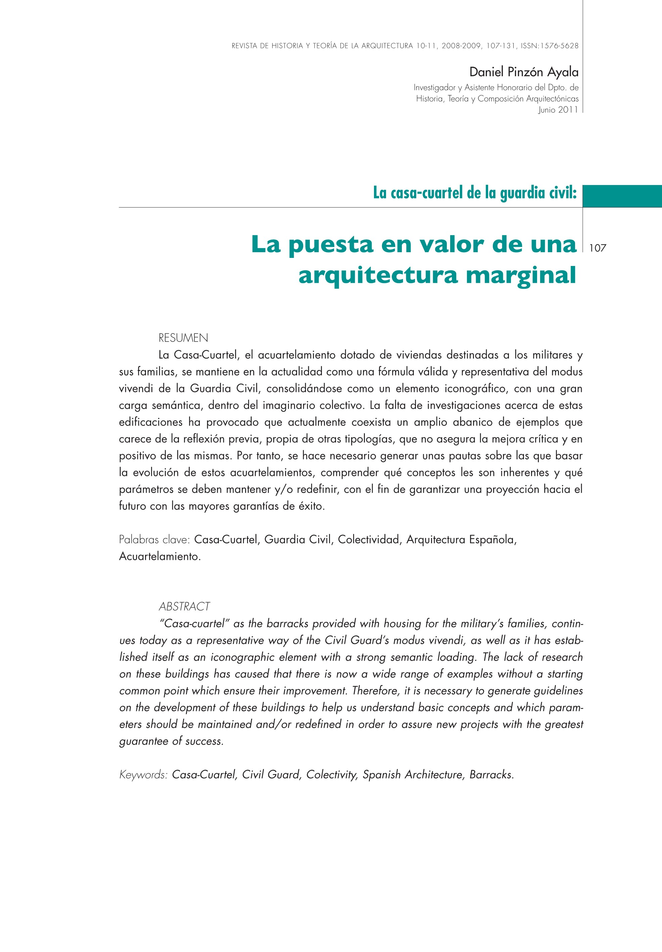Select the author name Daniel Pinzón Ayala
524,72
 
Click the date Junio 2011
558,110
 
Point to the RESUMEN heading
183,338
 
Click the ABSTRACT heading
184,606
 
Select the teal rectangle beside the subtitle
622,196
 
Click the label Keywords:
143,775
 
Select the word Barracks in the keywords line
491,775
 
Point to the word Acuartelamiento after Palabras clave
159,556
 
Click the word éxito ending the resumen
311,506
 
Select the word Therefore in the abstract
376,691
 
